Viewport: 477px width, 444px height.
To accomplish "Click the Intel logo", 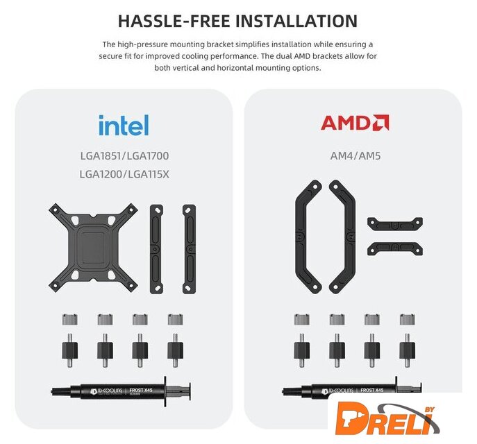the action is click(124, 125).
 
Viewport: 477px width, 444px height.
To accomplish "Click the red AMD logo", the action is click(355, 123).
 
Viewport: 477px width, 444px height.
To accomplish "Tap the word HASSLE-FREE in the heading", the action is click(174, 21).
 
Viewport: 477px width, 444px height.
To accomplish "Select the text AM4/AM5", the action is click(355, 156).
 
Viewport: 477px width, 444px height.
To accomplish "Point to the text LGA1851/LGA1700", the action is click(124, 156).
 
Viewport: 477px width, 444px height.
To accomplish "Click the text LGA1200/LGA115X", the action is click(124, 174).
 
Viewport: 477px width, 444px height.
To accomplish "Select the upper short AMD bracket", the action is click(395, 224).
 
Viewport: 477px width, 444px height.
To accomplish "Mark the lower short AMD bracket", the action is click(395, 248).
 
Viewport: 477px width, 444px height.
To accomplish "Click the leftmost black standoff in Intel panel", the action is click(70, 350).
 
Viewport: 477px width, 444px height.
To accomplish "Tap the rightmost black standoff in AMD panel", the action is click(408, 350).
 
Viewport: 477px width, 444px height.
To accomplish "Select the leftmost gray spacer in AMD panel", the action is click(302, 319).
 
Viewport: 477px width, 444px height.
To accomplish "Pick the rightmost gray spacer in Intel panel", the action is click(175, 319).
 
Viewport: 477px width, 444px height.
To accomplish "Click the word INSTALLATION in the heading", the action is click(296, 21).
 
